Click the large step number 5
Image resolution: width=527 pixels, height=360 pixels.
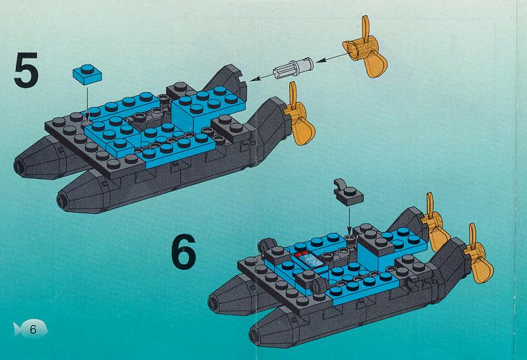pos(26,71)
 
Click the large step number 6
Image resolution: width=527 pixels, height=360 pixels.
pos(184,252)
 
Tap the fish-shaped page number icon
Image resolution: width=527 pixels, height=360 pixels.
pos(30,328)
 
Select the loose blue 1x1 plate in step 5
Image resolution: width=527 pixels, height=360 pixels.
pos(88,74)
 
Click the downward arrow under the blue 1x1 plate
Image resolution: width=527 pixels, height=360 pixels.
pos(87,103)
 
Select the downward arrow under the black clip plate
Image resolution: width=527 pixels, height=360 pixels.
pos(349,220)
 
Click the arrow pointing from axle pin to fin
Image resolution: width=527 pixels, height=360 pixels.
pos(261,77)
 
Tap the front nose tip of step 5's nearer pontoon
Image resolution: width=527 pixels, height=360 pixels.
pos(62,201)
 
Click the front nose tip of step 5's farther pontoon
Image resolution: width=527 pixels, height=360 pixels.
pos(18,166)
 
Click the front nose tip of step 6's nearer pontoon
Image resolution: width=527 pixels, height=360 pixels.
pos(254,334)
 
